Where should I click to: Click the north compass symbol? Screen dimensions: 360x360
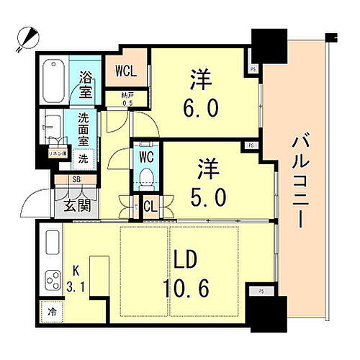(27, 36)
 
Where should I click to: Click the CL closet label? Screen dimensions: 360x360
(150, 208)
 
